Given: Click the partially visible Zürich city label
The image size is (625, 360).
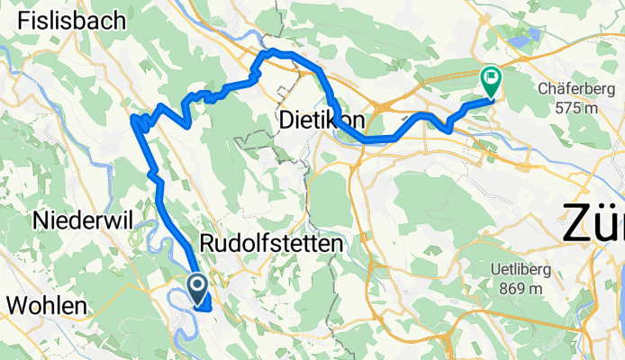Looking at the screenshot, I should [x=593, y=221].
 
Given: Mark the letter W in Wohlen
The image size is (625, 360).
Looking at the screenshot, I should [x=16, y=305].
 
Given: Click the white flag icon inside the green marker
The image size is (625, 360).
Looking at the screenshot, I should [x=492, y=78].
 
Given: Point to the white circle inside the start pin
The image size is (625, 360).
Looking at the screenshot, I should [x=197, y=284].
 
